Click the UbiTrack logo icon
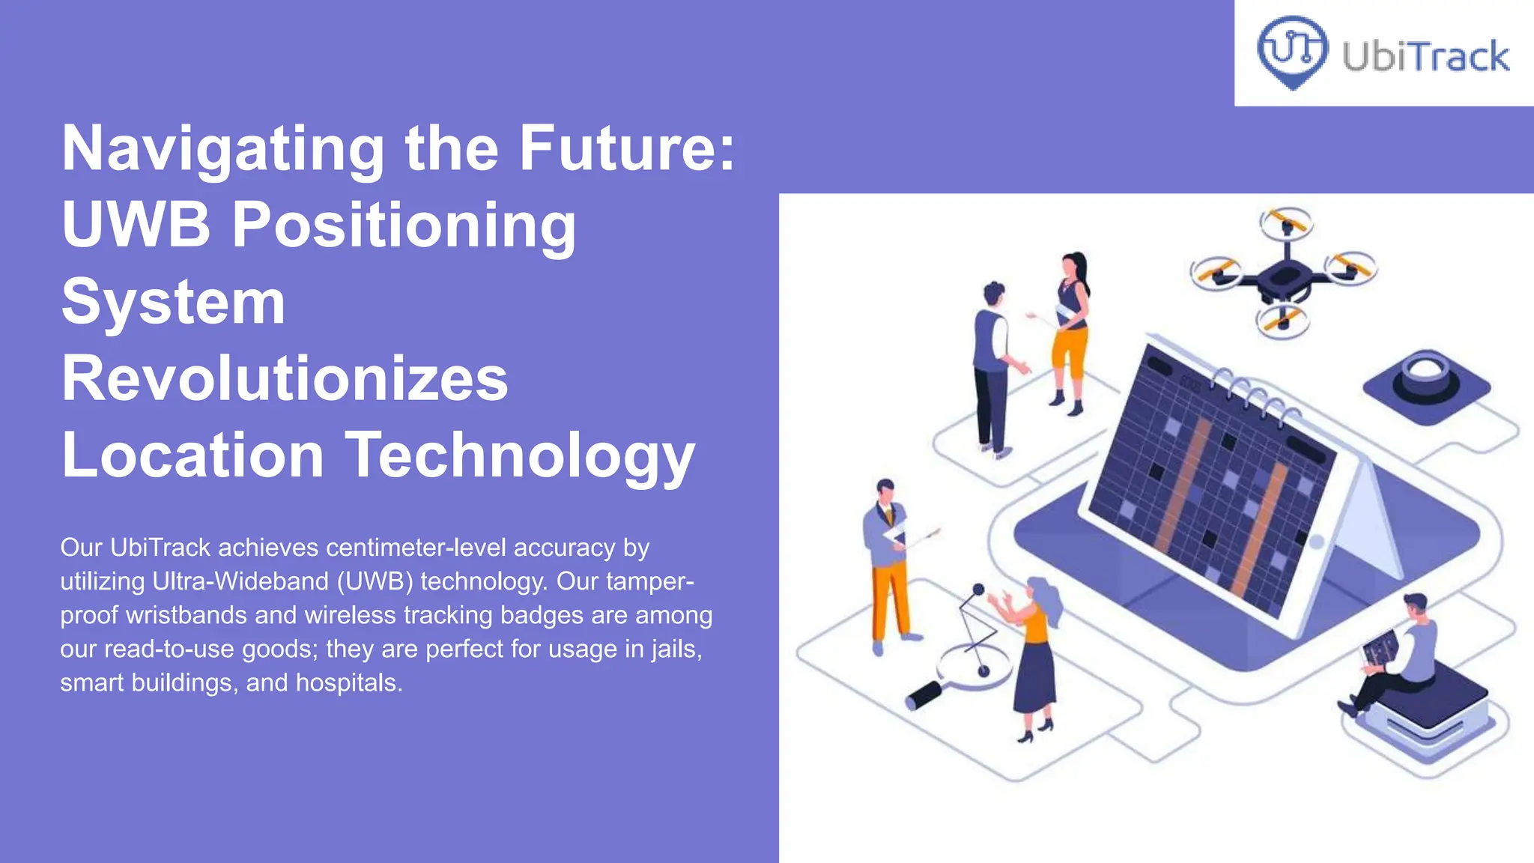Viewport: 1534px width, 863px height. tap(1292, 52)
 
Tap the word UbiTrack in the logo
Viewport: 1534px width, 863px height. tap(1425, 57)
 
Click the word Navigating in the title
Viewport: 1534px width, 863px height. tap(222, 149)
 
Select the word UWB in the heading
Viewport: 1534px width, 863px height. tap(136, 224)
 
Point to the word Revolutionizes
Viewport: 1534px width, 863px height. tap(285, 378)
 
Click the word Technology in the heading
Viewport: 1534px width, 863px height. tap(520, 455)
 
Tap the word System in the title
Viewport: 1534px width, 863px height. tap(173, 301)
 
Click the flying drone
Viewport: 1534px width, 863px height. tap(1285, 273)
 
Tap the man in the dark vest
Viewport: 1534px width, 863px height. tap(992, 367)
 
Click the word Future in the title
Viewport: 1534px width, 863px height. tap(627, 149)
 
